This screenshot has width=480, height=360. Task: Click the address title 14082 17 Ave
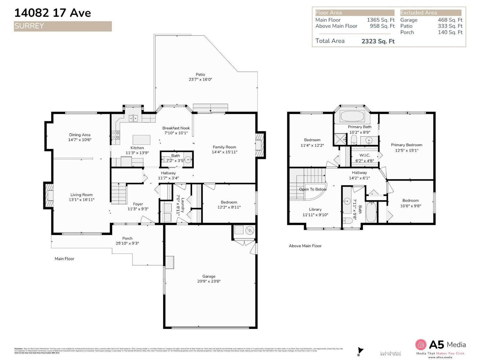click(52, 13)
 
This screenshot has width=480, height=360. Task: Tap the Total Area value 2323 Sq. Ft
click(378, 41)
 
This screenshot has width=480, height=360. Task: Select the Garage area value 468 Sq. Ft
click(450, 20)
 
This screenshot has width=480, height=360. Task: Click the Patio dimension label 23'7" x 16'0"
click(200, 79)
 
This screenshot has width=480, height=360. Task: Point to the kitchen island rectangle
click(141, 140)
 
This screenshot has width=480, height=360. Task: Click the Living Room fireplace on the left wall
click(49, 195)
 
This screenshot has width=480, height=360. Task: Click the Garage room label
click(208, 276)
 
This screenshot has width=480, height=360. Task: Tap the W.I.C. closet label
click(364, 155)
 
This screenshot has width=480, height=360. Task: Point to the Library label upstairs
click(315, 209)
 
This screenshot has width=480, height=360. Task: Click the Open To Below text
click(313, 189)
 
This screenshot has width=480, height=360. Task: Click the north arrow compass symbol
click(360, 351)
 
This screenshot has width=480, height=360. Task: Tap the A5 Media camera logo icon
click(421, 345)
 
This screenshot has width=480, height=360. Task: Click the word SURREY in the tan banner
click(29, 26)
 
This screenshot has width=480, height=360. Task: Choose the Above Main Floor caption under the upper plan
click(305, 246)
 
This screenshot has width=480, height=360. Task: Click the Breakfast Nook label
click(176, 128)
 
